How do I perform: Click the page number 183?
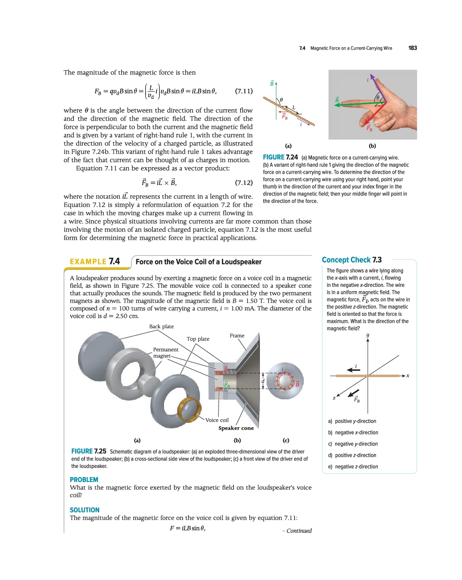[x=412, y=48]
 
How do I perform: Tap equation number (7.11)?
[x=243, y=91]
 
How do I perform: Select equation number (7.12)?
[x=243, y=182]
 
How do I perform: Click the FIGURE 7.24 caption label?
[x=280, y=157]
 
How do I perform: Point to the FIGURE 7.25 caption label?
[x=88, y=451]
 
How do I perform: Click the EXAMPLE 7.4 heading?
[x=95, y=261]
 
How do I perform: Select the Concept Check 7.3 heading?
[x=352, y=260]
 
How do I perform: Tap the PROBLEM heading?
[x=84, y=480]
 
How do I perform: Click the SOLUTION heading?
[x=85, y=510]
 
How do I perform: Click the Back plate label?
[x=161, y=327]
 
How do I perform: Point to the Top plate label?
[x=198, y=339]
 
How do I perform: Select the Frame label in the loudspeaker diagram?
[x=237, y=336]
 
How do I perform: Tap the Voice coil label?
[x=217, y=420]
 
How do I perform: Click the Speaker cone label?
[x=236, y=428]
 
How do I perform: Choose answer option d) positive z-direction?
[x=352, y=455]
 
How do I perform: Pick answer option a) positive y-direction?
[x=352, y=421]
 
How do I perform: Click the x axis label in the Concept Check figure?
[x=408, y=376]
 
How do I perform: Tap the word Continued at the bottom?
[x=299, y=531]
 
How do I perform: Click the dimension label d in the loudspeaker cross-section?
[x=263, y=381]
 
